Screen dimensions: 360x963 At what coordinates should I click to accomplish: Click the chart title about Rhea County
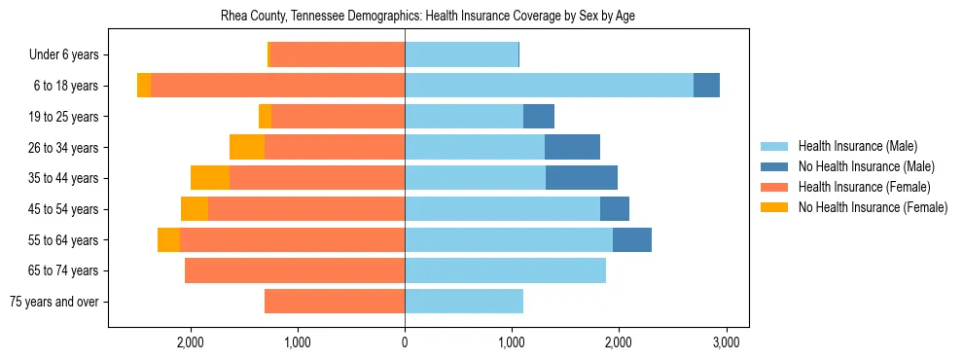428,17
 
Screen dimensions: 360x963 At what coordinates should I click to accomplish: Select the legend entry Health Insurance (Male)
858,146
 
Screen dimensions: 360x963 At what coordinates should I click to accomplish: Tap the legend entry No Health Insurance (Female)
872,207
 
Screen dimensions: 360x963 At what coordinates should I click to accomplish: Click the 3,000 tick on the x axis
726,342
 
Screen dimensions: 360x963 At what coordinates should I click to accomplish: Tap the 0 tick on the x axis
405,342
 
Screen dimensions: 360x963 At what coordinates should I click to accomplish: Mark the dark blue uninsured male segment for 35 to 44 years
582,178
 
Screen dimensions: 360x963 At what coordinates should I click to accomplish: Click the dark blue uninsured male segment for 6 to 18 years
706,86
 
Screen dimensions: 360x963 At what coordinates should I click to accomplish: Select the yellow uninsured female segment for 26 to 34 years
247,147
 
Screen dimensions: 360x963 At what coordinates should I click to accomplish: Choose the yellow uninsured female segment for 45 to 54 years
195,209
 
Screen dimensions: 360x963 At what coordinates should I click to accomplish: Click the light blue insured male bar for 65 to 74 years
505,270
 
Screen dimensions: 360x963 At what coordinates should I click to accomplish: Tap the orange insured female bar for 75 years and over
335,302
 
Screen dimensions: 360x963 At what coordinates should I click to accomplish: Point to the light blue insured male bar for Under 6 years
461,55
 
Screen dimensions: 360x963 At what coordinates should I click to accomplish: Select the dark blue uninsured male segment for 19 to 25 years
539,117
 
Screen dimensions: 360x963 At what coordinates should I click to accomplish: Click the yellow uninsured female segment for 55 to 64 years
168,240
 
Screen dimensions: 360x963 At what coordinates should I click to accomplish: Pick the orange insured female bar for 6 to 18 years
277,86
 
